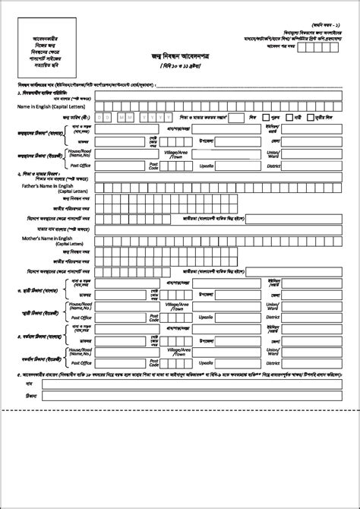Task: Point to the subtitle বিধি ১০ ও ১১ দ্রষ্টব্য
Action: pos(180,67)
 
